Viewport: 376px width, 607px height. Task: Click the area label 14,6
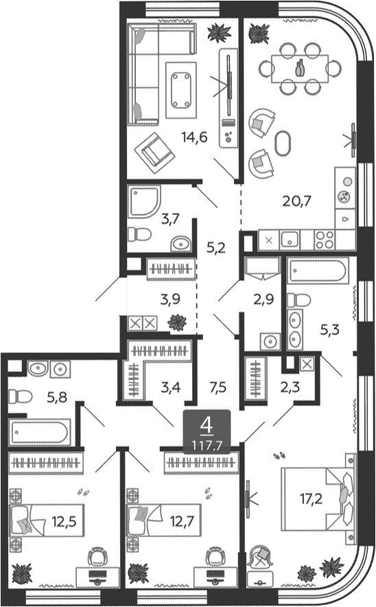click(x=194, y=136)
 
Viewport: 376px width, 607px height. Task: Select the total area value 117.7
click(x=204, y=444)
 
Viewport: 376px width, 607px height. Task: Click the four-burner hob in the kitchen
click(x=324, y=240)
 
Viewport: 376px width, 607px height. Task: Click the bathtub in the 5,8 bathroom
click(x=39, y=433)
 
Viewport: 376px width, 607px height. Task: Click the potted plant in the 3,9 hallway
click(x=177, y=321)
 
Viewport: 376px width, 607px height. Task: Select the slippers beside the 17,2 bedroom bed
click(x=280, y=455)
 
